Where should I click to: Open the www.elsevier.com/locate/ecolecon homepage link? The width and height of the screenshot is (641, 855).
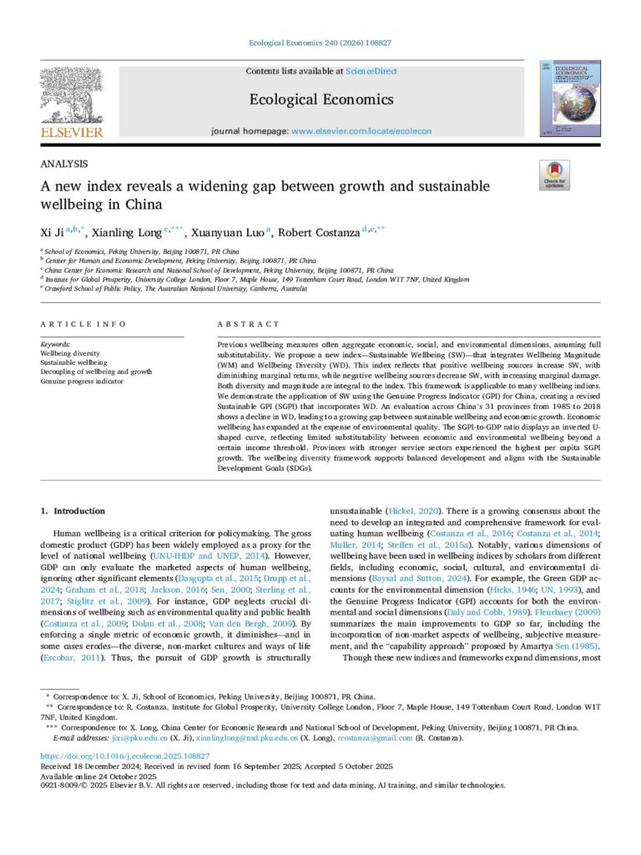(360, 132)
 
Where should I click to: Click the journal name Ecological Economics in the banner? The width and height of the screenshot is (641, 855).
(320, 100)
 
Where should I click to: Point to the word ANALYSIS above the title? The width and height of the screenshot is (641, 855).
(63, 164)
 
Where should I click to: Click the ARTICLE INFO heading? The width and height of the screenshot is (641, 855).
(83, 324)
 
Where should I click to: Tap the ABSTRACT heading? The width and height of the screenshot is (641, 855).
(248, 324)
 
